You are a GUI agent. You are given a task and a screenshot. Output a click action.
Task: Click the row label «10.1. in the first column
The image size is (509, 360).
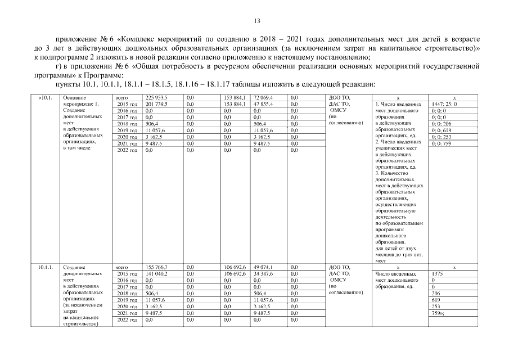(x=46, y=98)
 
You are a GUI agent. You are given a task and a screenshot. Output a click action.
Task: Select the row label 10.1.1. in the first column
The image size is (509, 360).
(x=46, y=267)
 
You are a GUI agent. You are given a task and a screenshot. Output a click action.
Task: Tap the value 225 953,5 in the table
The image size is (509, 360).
(x=157, y=98)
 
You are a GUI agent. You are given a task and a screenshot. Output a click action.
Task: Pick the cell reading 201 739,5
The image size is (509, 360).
(x=157, y=105)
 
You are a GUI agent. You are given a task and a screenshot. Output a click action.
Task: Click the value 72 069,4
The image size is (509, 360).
(x=263, y=98)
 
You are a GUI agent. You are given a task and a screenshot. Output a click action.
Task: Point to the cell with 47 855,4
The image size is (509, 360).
(x=263, y=105)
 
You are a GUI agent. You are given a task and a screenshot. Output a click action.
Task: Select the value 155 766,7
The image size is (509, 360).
(x=157, y=267)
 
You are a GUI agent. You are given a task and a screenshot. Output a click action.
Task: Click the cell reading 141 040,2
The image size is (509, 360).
(x=157, y=274)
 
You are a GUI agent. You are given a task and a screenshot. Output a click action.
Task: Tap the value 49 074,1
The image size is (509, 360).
(x=263, y=267)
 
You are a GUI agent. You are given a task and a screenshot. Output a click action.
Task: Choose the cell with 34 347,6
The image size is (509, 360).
(x=263, y=274)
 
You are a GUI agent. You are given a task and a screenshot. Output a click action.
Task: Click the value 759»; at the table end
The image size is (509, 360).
(x=438, y=313)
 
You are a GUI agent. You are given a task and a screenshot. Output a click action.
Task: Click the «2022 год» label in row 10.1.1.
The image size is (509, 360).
(x=126, y=319)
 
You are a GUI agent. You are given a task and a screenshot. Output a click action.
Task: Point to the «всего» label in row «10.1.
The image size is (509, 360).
(x=121, y=98)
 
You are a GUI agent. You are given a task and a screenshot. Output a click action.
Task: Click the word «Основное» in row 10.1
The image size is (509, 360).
(x=75, y=98)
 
